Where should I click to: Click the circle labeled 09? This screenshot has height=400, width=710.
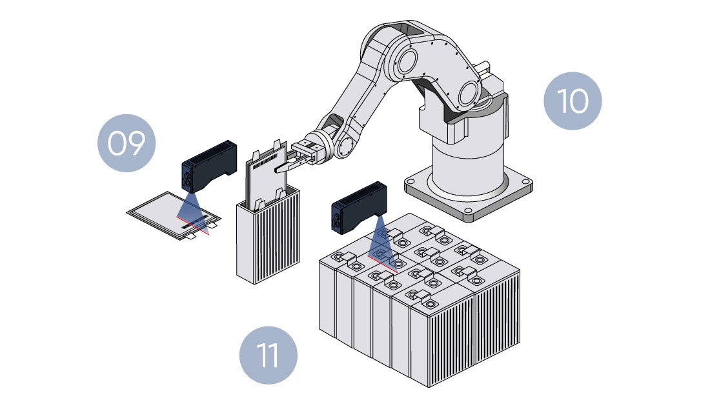coord(126,143)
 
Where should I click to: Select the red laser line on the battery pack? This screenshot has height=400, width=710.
coord(381,261)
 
